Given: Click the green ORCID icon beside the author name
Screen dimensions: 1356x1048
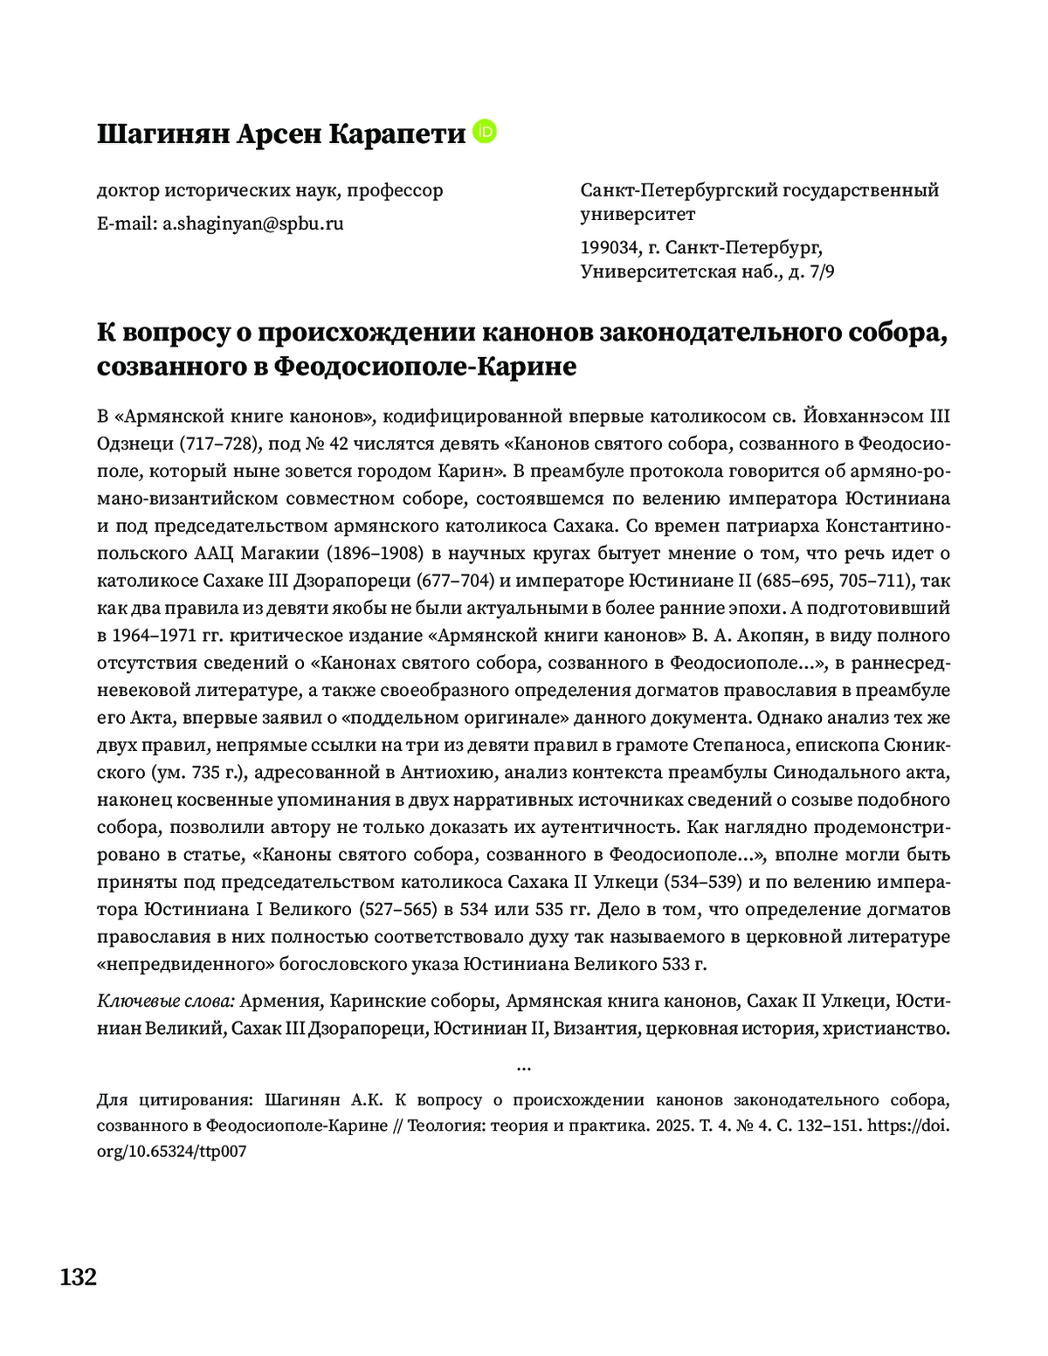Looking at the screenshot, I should [485, 132].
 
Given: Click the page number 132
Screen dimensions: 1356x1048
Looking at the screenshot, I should [79, 1277].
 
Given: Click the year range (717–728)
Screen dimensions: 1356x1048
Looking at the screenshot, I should [220, 444].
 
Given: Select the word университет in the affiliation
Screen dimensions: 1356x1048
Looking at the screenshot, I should [638, 214].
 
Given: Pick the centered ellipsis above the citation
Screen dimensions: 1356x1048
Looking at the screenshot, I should [524, 1066].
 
